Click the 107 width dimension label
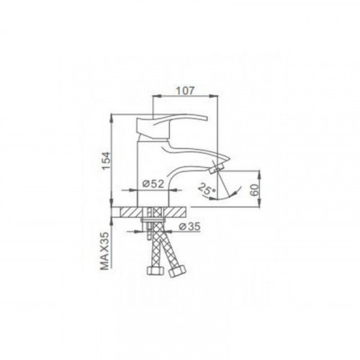185,91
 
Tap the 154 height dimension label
107,161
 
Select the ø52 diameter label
153,184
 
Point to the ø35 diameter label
189,226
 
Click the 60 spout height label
254,190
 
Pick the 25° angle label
207,189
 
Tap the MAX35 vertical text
104,251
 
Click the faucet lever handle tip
207,118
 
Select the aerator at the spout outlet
217,168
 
